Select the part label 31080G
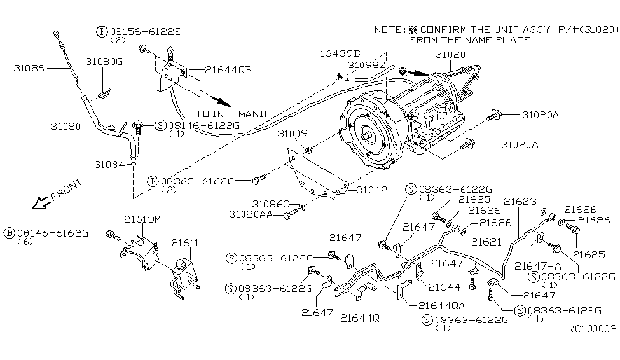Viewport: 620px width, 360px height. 104,62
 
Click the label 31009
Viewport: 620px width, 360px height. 292,135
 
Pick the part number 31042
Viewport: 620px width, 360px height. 371,190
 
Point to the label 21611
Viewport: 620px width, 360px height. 184,242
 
